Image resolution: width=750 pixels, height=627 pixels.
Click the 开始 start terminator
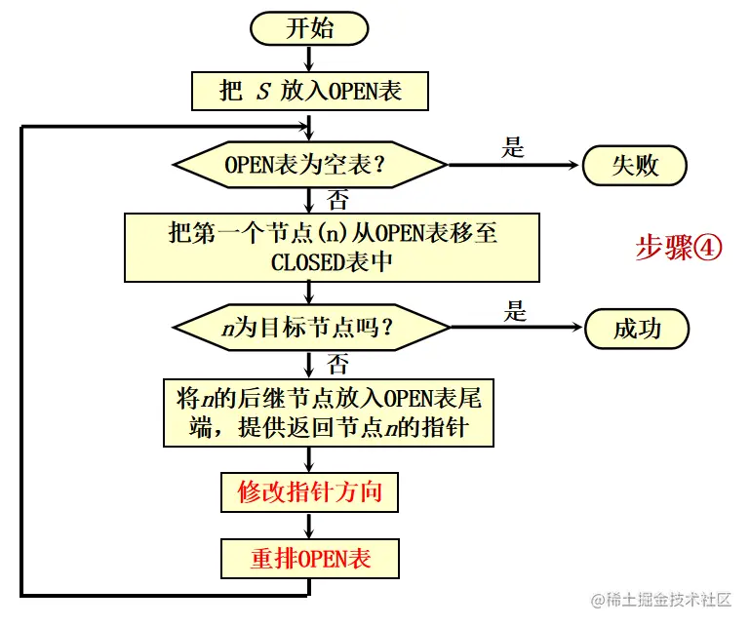click(x=309, y=28)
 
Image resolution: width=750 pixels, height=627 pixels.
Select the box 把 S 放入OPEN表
click(x=310, y=91)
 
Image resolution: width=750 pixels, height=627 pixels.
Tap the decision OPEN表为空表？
click(x=310, y=165)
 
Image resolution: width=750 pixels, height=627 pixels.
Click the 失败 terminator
click(x=635, y=165)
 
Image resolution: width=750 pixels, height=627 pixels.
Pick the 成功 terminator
click(x=637, y=329)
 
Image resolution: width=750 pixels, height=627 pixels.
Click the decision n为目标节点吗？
click(x=310, y=329)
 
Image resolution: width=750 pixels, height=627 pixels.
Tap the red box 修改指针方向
click(x=309, y=492)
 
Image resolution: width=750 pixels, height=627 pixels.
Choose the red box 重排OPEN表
click(x=309, y=559)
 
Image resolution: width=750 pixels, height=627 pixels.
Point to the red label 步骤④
click(x=679, y=248)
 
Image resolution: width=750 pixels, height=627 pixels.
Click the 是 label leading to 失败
click(x=513, y=148)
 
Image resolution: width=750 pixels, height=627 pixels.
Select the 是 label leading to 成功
click(x=515, y=312)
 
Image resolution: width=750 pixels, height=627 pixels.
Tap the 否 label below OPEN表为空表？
click(x=337, y=201)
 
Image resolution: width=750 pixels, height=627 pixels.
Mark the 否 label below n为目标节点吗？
click(x=337, y=366)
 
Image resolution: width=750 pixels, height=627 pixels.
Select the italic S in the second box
click(x=262, y=92)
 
